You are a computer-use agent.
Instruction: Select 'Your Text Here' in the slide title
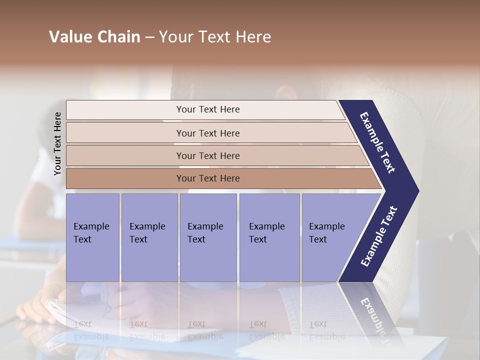coord(215,37)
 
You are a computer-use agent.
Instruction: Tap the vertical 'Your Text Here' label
coord(57,143)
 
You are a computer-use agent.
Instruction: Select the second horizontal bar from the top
coord(207,133)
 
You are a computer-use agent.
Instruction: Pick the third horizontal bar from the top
coord(207,155)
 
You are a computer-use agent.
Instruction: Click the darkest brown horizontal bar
coord(207,178)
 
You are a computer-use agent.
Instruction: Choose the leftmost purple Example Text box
coord(92,237)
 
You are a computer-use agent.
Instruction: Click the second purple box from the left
coord(149,237)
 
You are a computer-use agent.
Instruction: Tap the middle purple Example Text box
coord(208,237)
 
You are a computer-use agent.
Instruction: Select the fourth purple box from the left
coord(269,237)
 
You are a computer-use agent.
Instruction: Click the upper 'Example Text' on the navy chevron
coord(378,142)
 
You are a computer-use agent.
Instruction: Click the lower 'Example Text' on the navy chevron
coord(379,236)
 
